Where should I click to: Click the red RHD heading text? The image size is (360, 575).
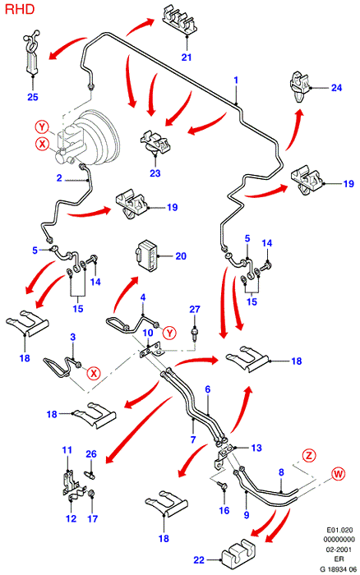tap(20, 9)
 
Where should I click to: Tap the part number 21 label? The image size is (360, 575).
tap(187, 57)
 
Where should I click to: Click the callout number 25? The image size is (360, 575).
tap(33, 97)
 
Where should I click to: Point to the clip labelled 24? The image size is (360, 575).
tap(299, 87)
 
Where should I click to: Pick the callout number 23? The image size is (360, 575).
tap(155, 172)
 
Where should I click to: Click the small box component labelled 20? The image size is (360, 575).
tap(147, 255)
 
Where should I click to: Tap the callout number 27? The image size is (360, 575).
tap(195, 309)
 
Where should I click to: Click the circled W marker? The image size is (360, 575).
tap(338, 474)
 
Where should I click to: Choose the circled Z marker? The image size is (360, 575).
tap(308, 455)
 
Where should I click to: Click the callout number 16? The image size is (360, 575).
tap(224, 510)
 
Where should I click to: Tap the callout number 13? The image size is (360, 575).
tap(256, 448)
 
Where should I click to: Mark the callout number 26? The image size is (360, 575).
tap(91, 454)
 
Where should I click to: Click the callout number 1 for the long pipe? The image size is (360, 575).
tap(236, 80)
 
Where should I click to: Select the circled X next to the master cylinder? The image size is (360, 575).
tap(42, 144)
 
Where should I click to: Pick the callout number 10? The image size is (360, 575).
tap(148, 333)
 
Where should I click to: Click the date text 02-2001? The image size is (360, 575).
tap(339, 550)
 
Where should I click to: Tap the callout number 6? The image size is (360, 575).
tap(208, 389)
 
